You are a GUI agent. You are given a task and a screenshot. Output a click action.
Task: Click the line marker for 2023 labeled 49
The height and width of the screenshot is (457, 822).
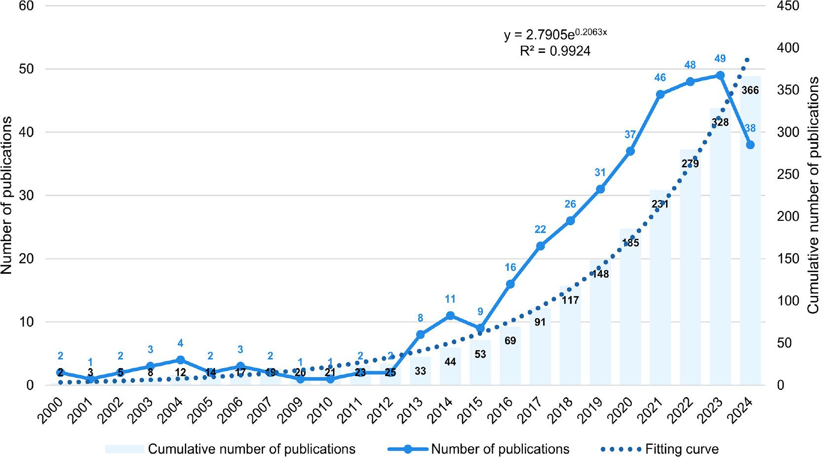click(720, 75)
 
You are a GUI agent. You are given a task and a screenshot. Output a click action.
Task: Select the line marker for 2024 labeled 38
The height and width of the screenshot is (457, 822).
click(750, 145)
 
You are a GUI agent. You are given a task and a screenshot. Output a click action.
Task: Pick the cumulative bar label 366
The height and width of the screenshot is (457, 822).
click(750, 90)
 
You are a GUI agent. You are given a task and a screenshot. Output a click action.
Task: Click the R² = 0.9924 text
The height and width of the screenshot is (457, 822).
click(555, 51)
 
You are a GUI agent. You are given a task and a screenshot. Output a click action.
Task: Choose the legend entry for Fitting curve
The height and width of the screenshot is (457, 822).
click(681, 449)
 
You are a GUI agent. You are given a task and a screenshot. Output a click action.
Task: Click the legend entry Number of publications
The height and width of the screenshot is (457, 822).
click(500, 449)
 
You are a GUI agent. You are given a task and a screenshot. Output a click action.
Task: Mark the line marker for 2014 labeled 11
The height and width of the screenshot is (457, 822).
click(450, 315)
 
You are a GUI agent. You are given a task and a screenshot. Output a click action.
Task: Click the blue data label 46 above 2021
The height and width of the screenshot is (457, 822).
click(660, 78)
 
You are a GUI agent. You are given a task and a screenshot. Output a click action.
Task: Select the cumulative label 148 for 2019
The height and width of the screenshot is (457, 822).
click(600, 274)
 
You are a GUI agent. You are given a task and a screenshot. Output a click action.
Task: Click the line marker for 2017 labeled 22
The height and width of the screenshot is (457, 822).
click(540, 246)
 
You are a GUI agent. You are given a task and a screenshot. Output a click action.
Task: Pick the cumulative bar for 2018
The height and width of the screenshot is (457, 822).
click(570, 341)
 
